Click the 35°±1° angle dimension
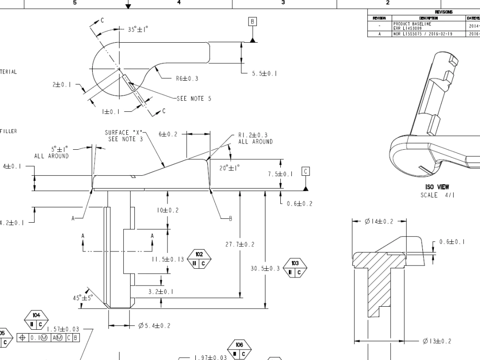[138, 29]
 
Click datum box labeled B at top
[252, 21]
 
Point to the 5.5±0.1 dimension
[264, 73]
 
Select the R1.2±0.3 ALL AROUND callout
[255, 138]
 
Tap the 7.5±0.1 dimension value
[280, 174]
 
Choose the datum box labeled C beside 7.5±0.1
[306, 171]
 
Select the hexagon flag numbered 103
[295, 268]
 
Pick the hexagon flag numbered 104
[36, 320]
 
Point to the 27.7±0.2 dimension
[240, 244]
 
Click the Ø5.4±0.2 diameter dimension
[154, 326]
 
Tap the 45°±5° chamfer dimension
[82, 298]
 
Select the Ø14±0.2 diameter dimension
[379, 221]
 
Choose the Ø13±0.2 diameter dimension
[437, 341]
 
